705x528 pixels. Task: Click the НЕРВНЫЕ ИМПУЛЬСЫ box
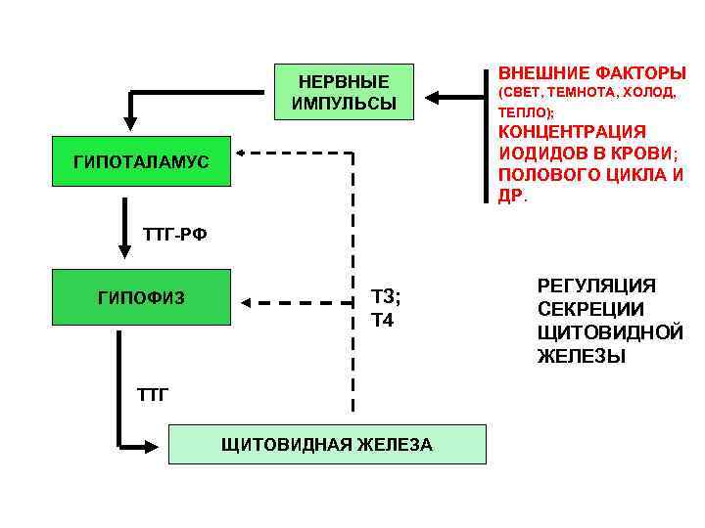click(x=344, y=92)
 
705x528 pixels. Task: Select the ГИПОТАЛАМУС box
click(x=140, y=161)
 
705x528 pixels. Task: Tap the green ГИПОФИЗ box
click(x=140, y=296)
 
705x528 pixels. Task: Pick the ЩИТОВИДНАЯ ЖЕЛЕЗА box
click(x=327, y=444)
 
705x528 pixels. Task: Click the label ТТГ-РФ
click(x=175, y=235)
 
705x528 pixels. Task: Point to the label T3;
click(x=386, y=297)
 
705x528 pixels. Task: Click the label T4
click(x=382, y=320)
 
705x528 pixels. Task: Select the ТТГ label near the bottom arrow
click(x=153, y=395)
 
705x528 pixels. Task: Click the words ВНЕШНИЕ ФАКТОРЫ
click(x=591, y=73)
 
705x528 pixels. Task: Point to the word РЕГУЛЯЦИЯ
click(x=596, y=285)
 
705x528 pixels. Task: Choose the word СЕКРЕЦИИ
click(x=590, y=308)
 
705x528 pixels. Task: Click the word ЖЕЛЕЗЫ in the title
click(x=581, y=356)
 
